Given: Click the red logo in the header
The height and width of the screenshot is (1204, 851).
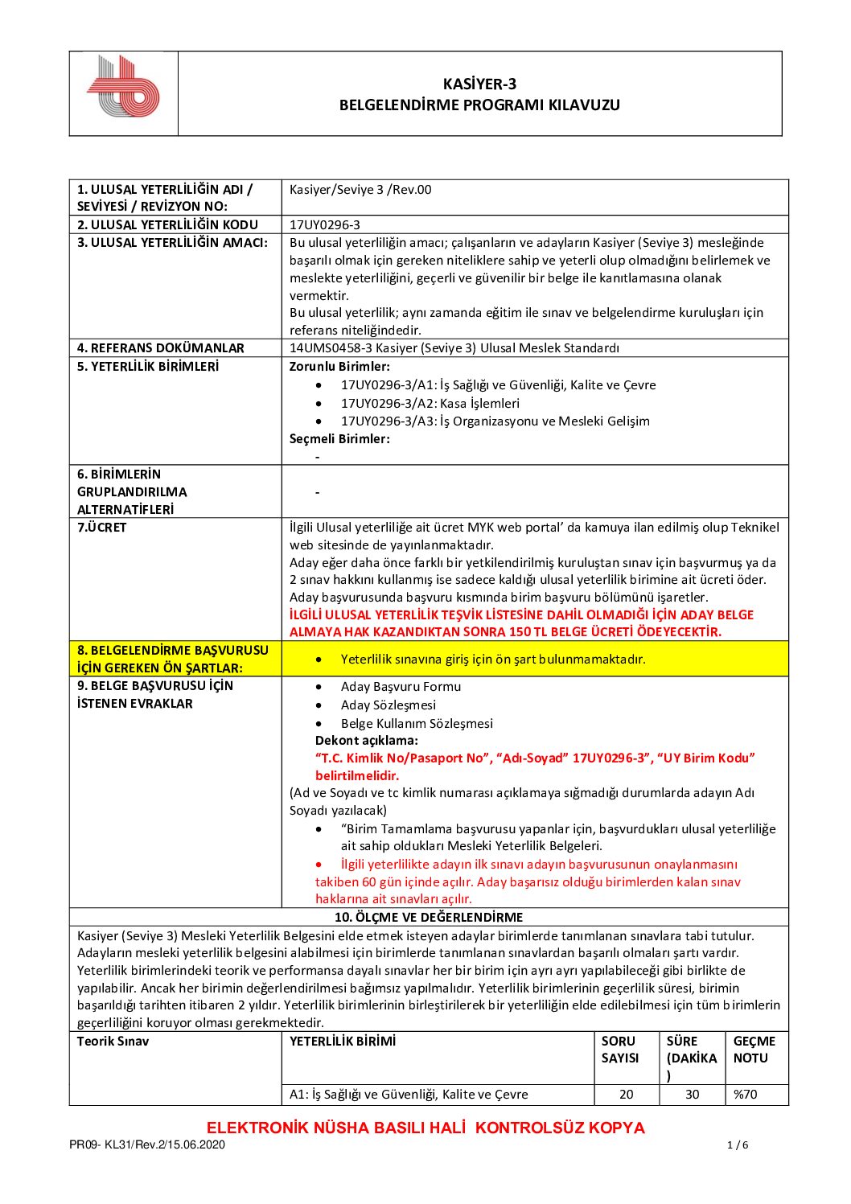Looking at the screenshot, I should coord(123,87).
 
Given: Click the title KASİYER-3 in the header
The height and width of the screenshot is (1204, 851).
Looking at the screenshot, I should coord(479,84).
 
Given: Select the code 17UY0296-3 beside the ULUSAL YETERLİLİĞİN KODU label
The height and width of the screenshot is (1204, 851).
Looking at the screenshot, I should coord(325,225).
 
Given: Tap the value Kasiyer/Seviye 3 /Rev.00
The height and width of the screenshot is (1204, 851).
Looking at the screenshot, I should coord(360,190).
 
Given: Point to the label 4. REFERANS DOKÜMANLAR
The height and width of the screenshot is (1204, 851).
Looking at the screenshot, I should coord(160,348).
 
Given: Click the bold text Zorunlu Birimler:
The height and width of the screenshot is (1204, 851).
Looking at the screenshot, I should coord(339,367).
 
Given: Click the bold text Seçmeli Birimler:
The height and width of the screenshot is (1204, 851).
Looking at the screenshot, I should coord(339,439).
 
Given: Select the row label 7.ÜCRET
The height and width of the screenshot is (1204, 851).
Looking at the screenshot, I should coord(101,528).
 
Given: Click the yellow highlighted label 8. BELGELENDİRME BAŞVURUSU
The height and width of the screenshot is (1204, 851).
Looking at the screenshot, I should coord(173,650).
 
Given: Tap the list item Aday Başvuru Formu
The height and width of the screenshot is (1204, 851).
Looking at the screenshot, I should coord(401,687).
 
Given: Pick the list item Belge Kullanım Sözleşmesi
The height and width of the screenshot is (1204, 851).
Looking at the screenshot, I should coord(417,724).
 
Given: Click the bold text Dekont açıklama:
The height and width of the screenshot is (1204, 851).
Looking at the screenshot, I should coord(366,741).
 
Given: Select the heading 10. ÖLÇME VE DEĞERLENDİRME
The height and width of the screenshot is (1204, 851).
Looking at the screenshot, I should coord(429,918).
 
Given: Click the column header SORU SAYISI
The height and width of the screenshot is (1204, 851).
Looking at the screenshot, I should coord(619,1050).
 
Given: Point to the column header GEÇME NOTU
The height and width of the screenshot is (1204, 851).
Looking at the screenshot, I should coord(754,1050).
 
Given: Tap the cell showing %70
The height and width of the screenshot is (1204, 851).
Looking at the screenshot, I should coord(745,1095).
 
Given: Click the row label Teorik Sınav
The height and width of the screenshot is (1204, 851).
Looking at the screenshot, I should coord(113,1042).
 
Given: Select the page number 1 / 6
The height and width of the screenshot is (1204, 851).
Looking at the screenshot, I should coord(738,1145).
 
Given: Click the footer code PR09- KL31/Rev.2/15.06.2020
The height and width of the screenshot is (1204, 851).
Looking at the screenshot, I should coord(147,1145).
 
